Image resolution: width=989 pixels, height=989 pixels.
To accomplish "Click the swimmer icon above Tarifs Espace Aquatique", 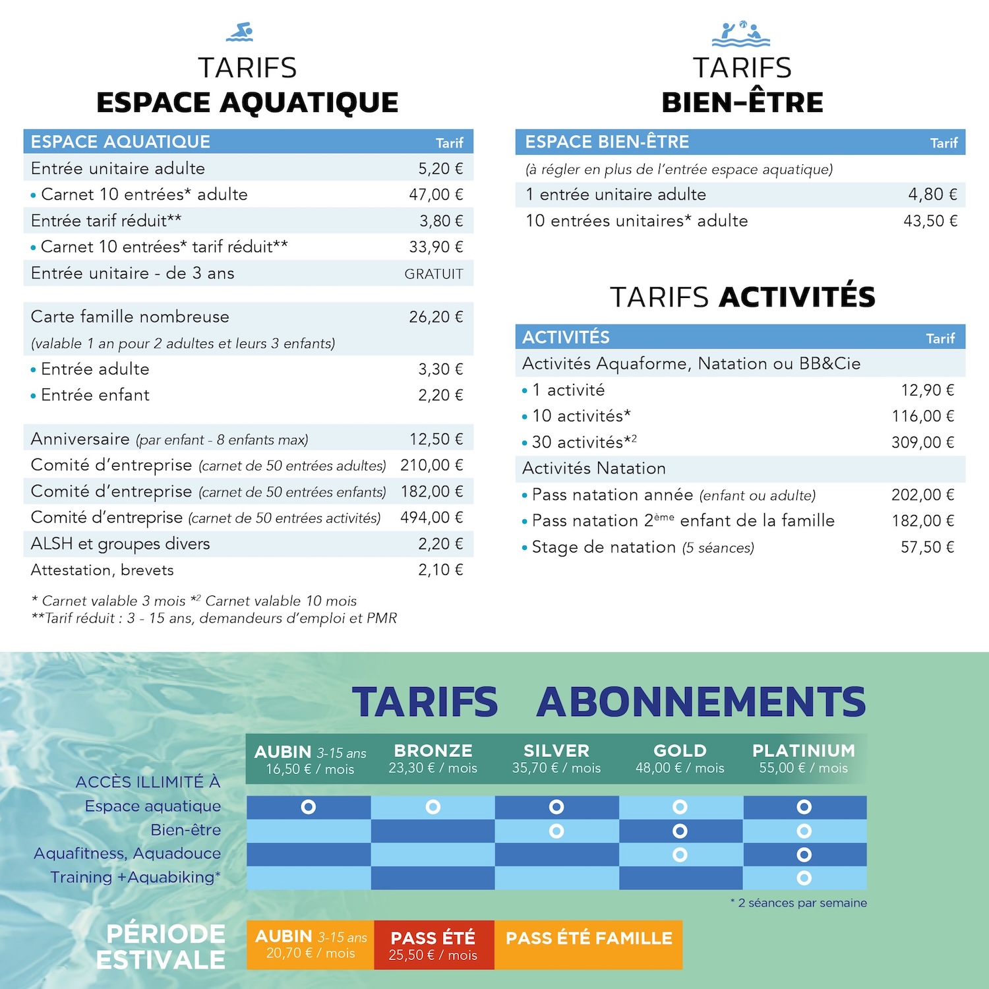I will pyautogui.click(x=239, y=32).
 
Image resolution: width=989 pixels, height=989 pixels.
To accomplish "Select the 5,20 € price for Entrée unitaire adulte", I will pyautogui.click(x=440, y=169).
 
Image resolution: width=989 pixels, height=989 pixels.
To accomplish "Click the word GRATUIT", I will pyautogui.click(x=434, y=274).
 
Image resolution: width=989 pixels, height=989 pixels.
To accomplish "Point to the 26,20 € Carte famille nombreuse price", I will pyautogui.click(x=436, y=317).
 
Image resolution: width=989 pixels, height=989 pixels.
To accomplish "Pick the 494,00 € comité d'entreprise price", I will pyautogui.click(x=432, y=518).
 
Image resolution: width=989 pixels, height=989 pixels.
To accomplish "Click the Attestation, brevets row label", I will pyautogui.click(x=102, y=570).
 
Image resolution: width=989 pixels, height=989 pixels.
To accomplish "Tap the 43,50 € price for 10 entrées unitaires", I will pyautogui.click(x=930, y=221).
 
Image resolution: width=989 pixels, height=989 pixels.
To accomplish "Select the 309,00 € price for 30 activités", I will pyautogui.click(x=922, y=442).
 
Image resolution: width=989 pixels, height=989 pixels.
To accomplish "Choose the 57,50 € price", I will pyautogui.click(x=927, y=547).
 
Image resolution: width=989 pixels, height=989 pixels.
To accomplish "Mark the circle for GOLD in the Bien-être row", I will pyautogui.click(x=680, y=831).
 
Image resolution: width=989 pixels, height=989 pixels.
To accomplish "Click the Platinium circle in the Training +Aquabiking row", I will pyautogui.click(x=804, y=878).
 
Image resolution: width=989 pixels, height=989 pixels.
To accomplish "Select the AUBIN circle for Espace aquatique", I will pyautogui.click(x=308, y=806).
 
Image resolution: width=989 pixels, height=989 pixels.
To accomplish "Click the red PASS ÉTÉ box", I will pyautogui.click(x=433, y=945).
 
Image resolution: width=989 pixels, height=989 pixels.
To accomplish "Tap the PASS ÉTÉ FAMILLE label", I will pyautogui.click(x=589, y=938).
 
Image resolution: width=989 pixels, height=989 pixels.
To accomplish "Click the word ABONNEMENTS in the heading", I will pyautogui.click(x=701, y=702).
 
